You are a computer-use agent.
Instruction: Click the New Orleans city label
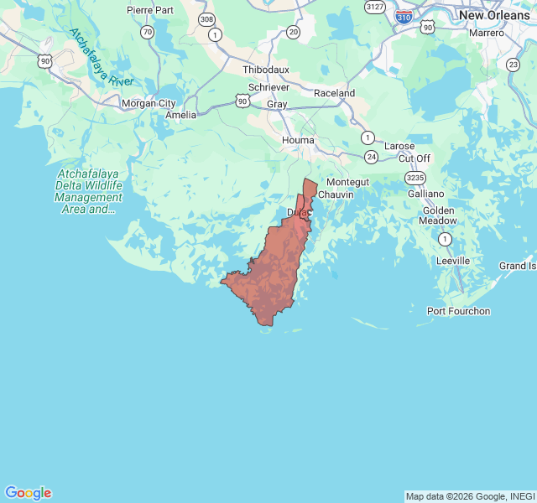point(494,15)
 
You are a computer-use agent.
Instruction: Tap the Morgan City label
point(149,103)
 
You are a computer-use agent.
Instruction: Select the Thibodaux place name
point(266,70)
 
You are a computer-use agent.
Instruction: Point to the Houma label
point(298,140)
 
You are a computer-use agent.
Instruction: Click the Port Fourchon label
point(458,311)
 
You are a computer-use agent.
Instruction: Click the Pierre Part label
point(151,10)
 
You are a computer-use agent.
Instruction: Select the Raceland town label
point(334,93)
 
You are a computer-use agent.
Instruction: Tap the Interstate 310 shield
point(404,16)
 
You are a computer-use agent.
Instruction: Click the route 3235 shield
point(414,178)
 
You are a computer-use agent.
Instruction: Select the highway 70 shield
point(148,32)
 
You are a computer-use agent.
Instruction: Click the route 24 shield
point(372,156)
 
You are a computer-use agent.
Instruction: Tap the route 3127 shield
point(374,6)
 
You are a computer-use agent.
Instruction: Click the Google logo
point(28,493)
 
